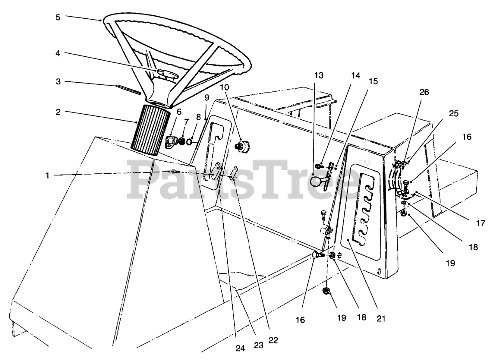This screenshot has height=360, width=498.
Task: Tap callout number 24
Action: click(x=240, y=348)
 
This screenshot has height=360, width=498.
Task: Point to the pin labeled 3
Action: click(x=128, y=89)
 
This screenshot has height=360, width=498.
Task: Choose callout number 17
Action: click(x=481, y=224)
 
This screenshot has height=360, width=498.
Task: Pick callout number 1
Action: click(x=47, y=175)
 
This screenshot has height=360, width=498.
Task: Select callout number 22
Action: click(x=273, y=340)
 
